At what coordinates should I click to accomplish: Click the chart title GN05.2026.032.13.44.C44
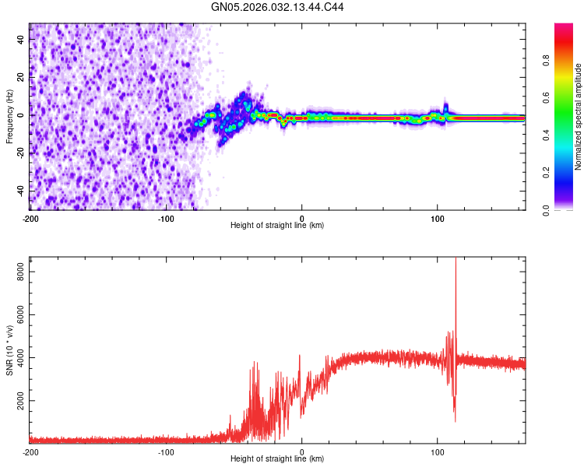[278, 7]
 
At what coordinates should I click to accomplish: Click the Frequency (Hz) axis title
[9, 116]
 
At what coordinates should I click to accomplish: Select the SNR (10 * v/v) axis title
[9, 351]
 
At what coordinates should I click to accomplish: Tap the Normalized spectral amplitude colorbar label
[579, 116]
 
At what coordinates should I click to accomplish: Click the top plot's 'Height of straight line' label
[277, 225]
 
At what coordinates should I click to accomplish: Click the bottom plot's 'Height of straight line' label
[277, 458]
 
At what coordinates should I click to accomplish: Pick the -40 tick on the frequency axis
[21, 191]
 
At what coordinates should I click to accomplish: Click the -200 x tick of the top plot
[30, 218]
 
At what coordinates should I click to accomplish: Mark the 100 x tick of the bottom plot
[438, 451]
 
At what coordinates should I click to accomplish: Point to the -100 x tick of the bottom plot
[166, 451]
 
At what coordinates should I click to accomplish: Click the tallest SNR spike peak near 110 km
[456, 259]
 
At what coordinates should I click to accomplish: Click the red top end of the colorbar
[564, 26]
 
